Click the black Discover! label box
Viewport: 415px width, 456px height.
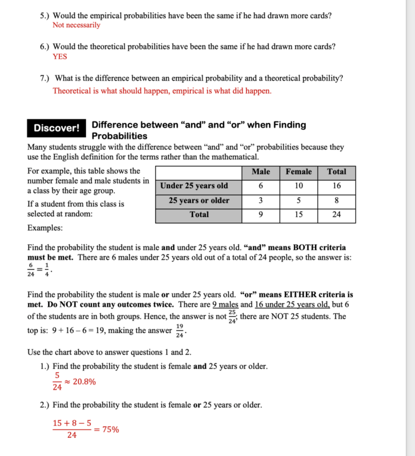click(x=56, y=128)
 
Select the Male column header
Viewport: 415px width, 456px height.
click(x=260, y=172)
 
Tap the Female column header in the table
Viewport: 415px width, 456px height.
click(x=298, y=172)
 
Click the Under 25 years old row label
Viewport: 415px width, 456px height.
click(x=194, y=186)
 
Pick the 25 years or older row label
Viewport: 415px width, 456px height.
click(x=199, y=200)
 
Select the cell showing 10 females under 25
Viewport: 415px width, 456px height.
click(x=298, y=186)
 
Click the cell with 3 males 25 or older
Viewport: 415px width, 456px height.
click(x=260, y=200)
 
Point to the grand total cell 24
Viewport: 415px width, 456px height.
click(x=336, y=215)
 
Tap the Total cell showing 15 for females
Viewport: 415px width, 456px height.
click(x=298, y=215)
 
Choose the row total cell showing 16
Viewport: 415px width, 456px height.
click(x=336, y=186)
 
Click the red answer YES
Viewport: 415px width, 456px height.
click(x=60, y=56)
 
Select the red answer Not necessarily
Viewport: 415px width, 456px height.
click(x=76, y=25)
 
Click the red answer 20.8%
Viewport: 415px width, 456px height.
click(x=84, y=382)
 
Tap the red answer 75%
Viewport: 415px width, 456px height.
click(x=110, y=429)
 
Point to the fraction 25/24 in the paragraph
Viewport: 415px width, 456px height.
click(x=232, y=316)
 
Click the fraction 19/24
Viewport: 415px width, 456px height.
click(x=179, y=331)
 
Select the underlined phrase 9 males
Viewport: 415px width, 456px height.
click(x=225, y=304)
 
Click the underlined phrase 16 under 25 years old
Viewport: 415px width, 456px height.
click(x=292, y=304)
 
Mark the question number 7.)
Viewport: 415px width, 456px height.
click(x=44, y=78)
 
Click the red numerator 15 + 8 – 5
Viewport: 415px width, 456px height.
click(x=72, y=423)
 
